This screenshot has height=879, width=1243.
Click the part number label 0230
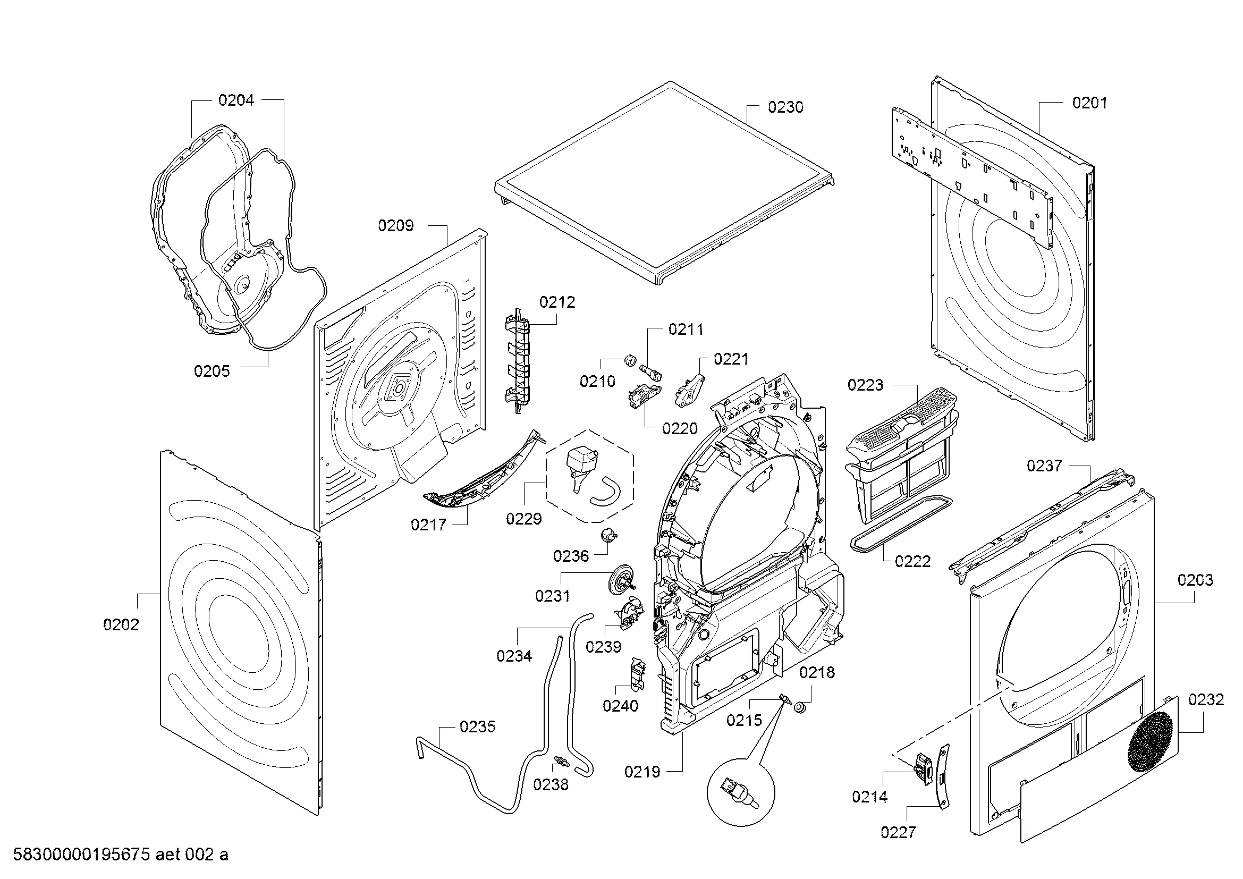click(x=785, y=107)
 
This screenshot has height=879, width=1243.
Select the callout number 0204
click(x=236, y=100)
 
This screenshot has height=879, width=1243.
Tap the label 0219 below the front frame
click(x=642, y=772)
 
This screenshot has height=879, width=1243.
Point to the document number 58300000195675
click(x=81, y=855)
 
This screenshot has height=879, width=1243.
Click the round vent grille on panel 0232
click(x=1150, y=742)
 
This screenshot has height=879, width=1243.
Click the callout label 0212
click(x=557, y=302)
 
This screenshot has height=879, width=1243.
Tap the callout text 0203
click(x=1195, y=580)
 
